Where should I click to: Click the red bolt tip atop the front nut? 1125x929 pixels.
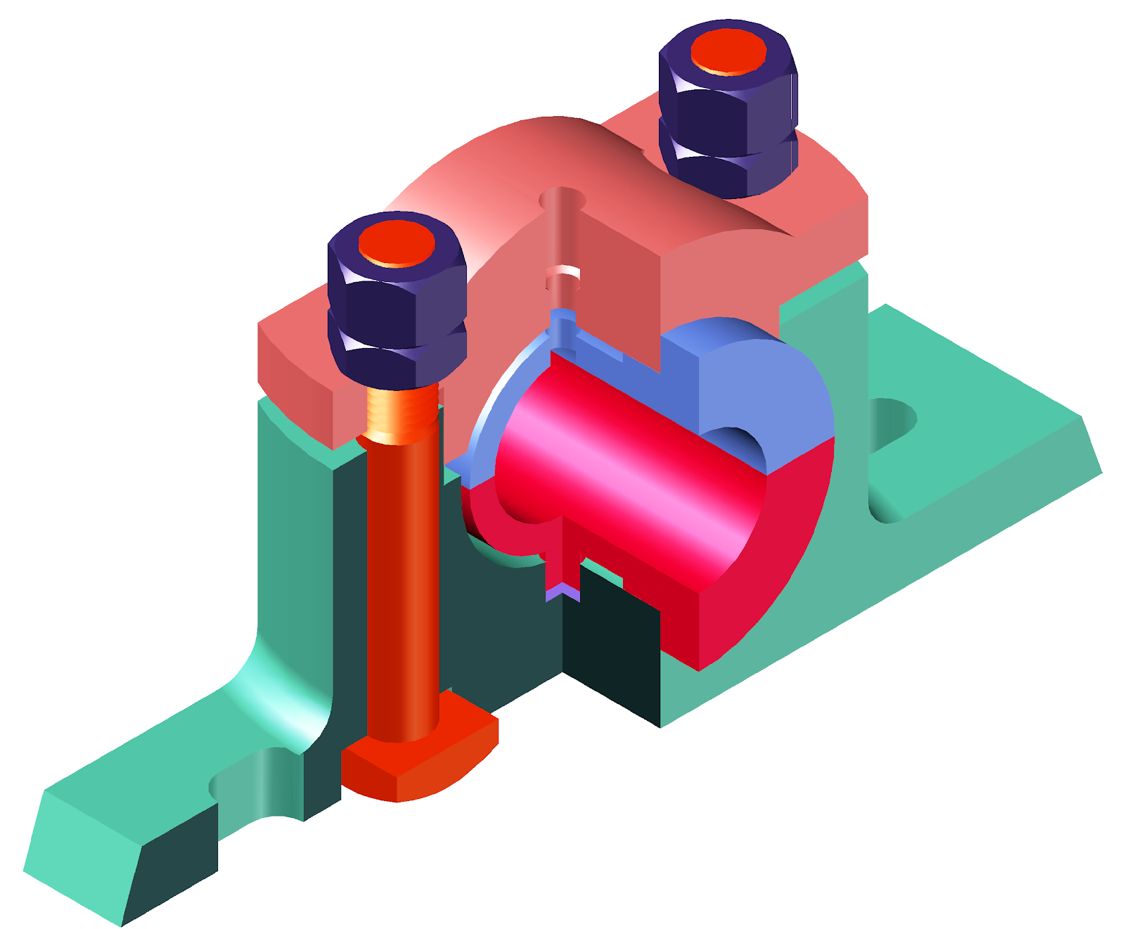[397, 242]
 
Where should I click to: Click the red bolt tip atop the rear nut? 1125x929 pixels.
[728, 51]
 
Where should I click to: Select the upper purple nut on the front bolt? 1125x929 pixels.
[398, 295]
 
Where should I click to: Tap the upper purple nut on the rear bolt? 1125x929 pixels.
[728, 105]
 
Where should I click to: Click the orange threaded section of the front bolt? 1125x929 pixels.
[401, 415]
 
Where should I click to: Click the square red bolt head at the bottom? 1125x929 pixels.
[422, 763]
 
